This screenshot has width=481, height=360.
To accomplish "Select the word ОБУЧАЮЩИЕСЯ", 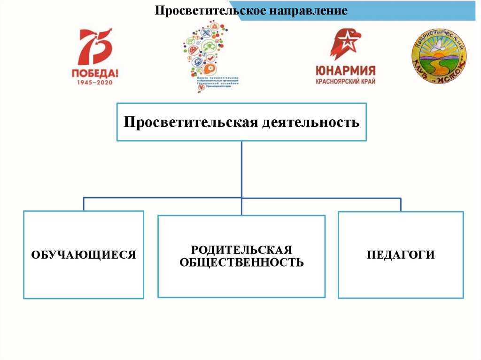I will pyautogui.click(x=84, y=255).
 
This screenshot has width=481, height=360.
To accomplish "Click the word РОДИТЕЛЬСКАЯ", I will pyautogui.click(x=241, y=249).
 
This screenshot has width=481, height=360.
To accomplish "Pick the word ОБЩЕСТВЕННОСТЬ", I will pyautogui.click(x=241, y=262).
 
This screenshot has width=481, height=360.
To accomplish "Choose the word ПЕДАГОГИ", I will pyautogui.click(x=401, y=255).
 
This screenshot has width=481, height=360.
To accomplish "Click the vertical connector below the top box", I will pyautogui.click(x=241, y=169).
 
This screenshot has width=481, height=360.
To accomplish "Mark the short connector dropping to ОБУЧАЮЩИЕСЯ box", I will pyautogui.click(x=84, y=204).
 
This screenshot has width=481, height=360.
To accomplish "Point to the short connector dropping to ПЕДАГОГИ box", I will pyautogui.click(x=401, y=205).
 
